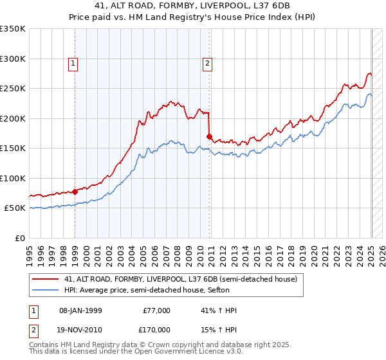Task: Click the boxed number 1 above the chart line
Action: [73, 64]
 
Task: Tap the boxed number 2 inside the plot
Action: [208, 64]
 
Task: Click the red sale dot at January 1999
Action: [75, 191]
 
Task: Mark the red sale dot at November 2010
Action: [210, 136]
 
